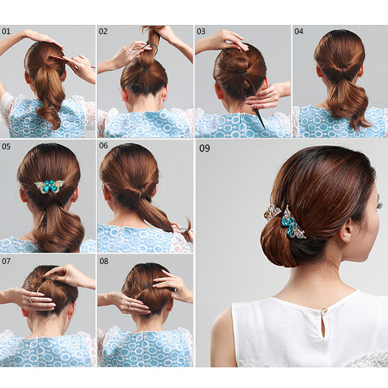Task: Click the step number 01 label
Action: pos(6,32)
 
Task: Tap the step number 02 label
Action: pos(103,32)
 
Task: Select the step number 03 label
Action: pos(201,32)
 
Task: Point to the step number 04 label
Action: pos(299,32)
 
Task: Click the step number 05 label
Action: pos(6,146)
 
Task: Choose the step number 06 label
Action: pos(103,145)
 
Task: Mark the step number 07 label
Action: pos(6,261)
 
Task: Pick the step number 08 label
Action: pos(104,261)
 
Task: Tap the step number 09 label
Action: pos(205,148)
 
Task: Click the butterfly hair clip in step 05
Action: pos(49,186)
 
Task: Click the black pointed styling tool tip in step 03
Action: pos(265,129)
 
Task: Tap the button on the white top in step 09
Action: pos(324,310)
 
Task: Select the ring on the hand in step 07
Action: pos(31,300)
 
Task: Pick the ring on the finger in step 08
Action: pos(129,305)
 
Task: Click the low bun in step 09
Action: pos(280,244)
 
